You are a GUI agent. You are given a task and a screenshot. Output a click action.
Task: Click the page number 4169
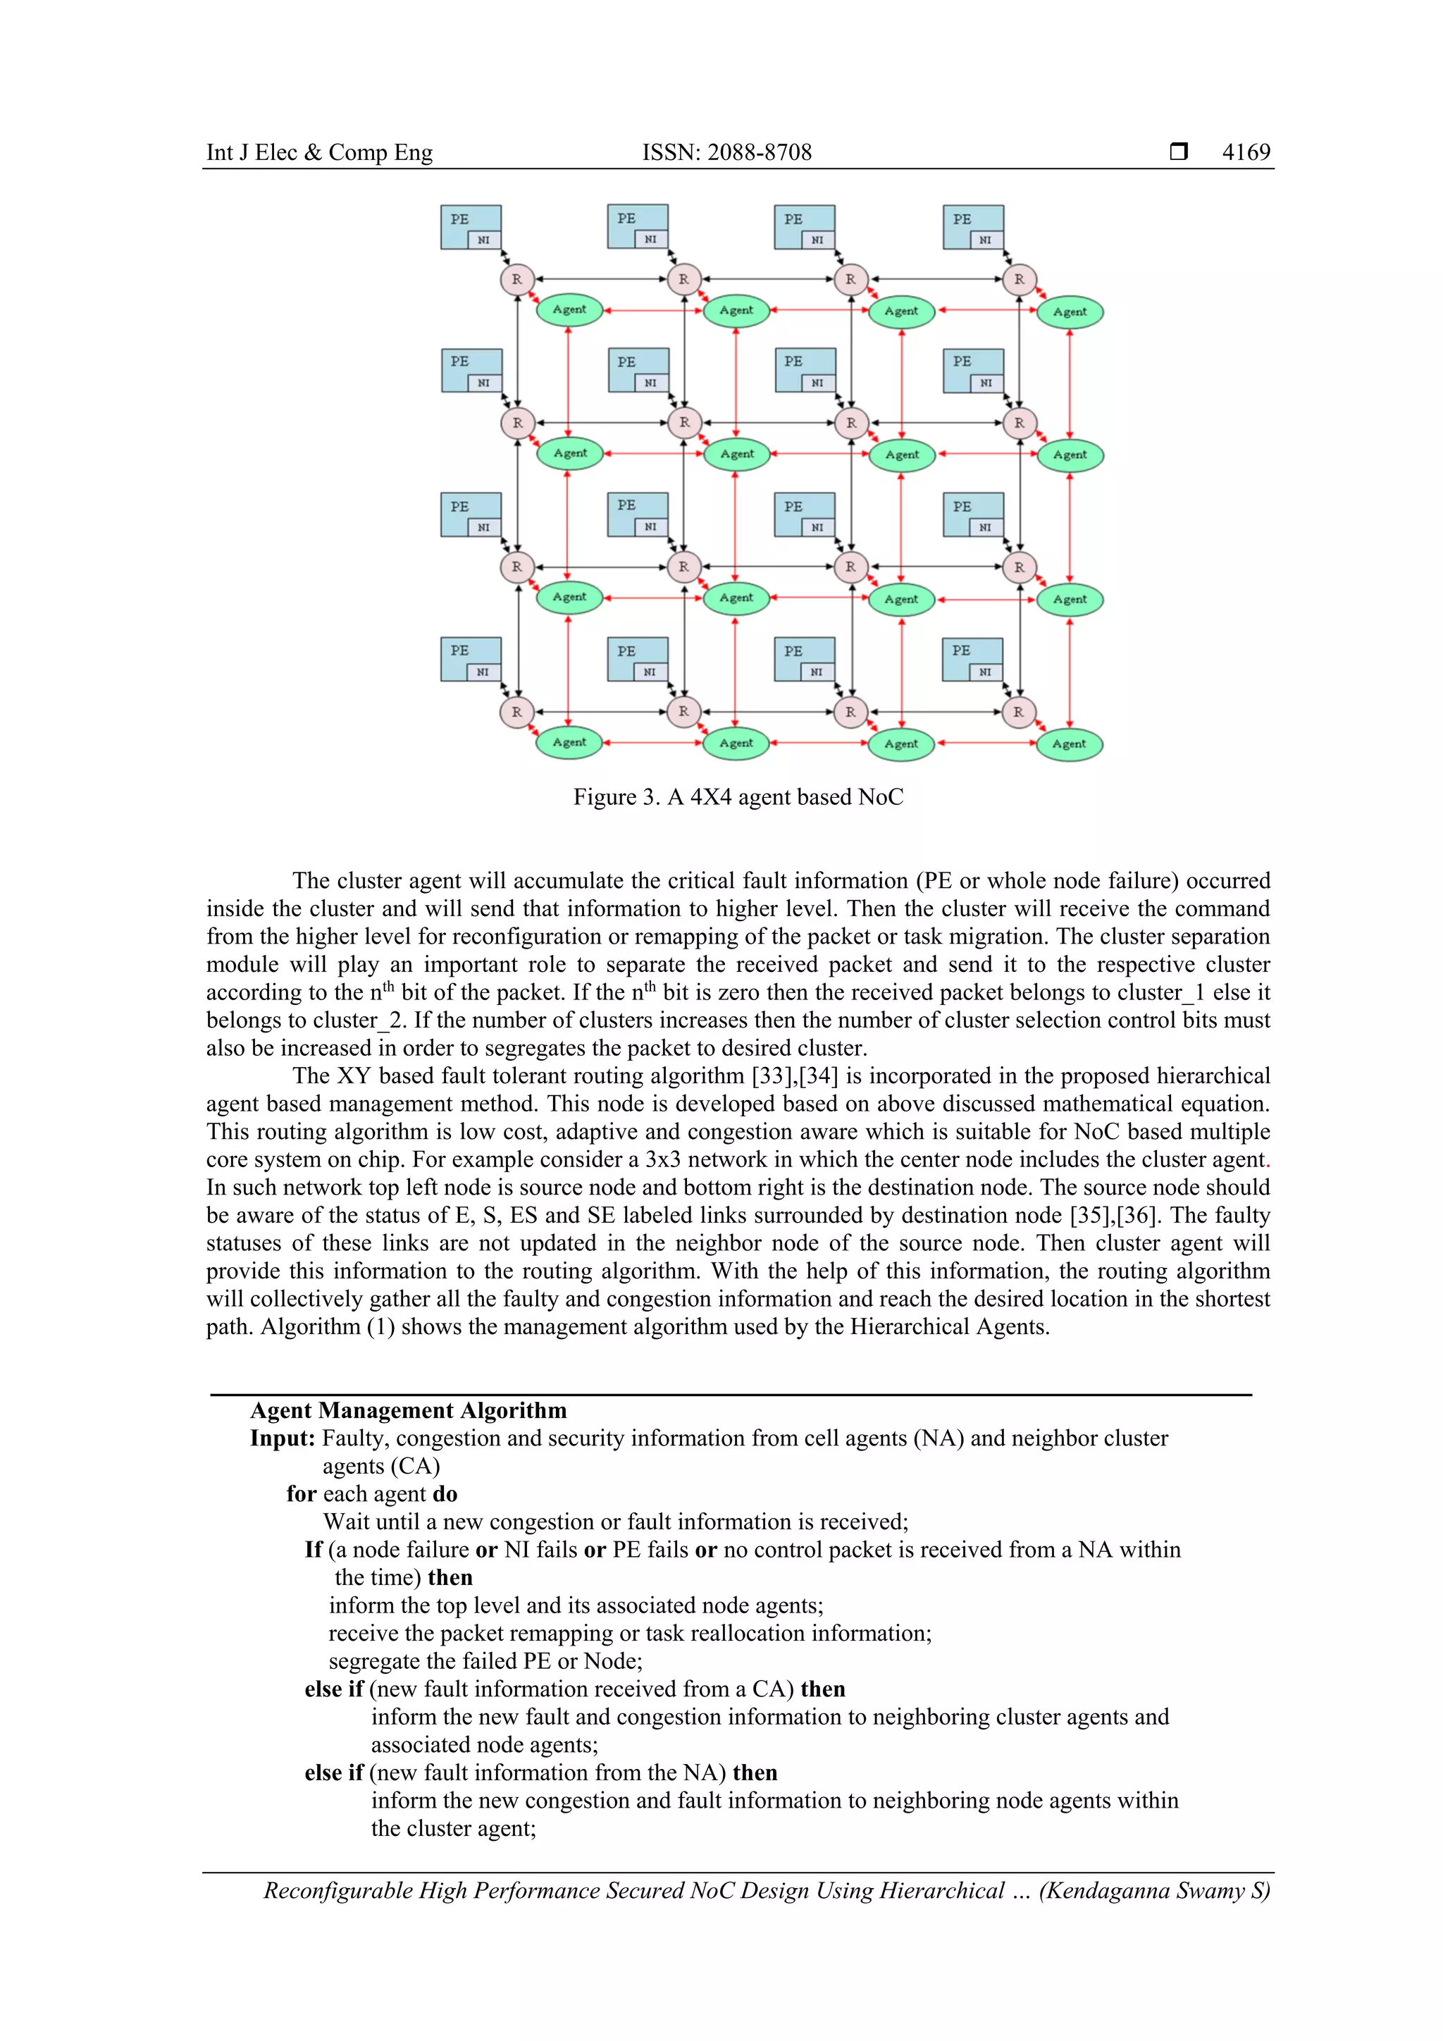[1246, 152]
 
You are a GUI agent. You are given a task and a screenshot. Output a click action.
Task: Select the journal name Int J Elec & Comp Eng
[319, 152]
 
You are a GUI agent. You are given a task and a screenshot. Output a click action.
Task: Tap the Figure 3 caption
[738, 796]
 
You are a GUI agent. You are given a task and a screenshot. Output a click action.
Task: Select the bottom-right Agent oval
[1069, 744]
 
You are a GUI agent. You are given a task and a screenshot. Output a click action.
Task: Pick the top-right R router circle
[1019, 279]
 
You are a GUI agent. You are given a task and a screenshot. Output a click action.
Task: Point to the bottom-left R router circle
[516, 712]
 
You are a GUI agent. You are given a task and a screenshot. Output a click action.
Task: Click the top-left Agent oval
[569, 309]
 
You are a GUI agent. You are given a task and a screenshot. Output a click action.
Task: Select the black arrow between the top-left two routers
[600, 279]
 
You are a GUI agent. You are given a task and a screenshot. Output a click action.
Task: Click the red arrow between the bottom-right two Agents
[986, 743]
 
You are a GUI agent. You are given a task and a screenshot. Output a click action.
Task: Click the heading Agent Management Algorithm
[408, 1411]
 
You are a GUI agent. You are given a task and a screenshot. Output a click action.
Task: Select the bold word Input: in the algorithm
[283, 1438]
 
